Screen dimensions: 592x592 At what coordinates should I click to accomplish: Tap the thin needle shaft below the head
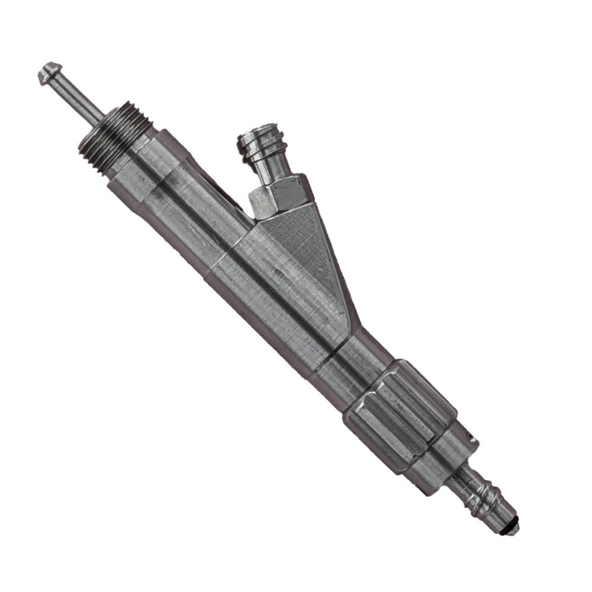79,99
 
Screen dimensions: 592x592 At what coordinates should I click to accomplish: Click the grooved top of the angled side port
258,140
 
